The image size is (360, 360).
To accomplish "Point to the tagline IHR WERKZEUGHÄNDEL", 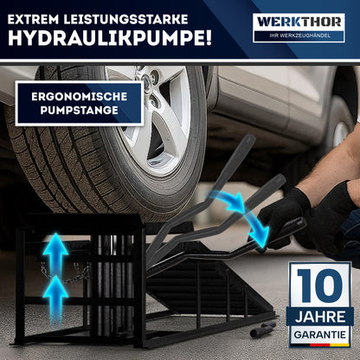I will click(299, 35).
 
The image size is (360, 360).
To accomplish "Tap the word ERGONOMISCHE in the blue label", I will click(79, 97).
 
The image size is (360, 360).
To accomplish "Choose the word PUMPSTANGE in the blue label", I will click(79, 112).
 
